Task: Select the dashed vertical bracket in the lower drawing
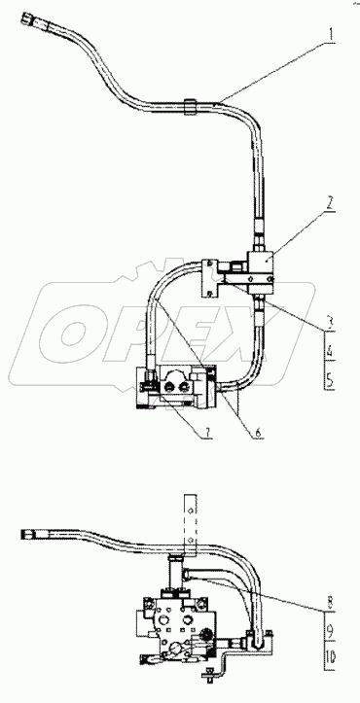coord(189,525)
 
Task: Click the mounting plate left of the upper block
coord(207,277)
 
